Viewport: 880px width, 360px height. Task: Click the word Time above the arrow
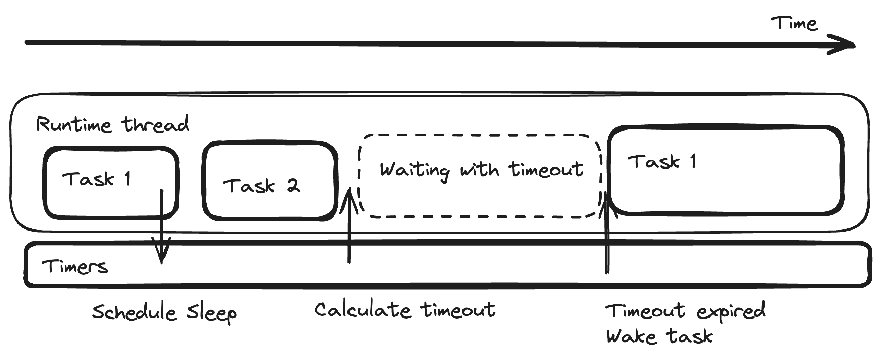coord(794,24)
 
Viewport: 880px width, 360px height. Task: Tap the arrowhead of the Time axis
coord(843,46)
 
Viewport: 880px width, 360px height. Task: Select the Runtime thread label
coord(112,124)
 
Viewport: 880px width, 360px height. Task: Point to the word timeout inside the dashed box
coord(547,170)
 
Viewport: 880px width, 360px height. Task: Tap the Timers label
coord(75,267)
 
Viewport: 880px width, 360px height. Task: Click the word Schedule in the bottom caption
coord(134,312)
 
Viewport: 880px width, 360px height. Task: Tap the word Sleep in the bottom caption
coord(211,313)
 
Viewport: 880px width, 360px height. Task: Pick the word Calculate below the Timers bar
coord(363,310)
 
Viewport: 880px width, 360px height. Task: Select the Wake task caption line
coord(659,336)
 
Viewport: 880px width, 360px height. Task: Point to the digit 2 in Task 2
coord(293,186)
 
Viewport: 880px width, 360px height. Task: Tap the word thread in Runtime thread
coord(155,124)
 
